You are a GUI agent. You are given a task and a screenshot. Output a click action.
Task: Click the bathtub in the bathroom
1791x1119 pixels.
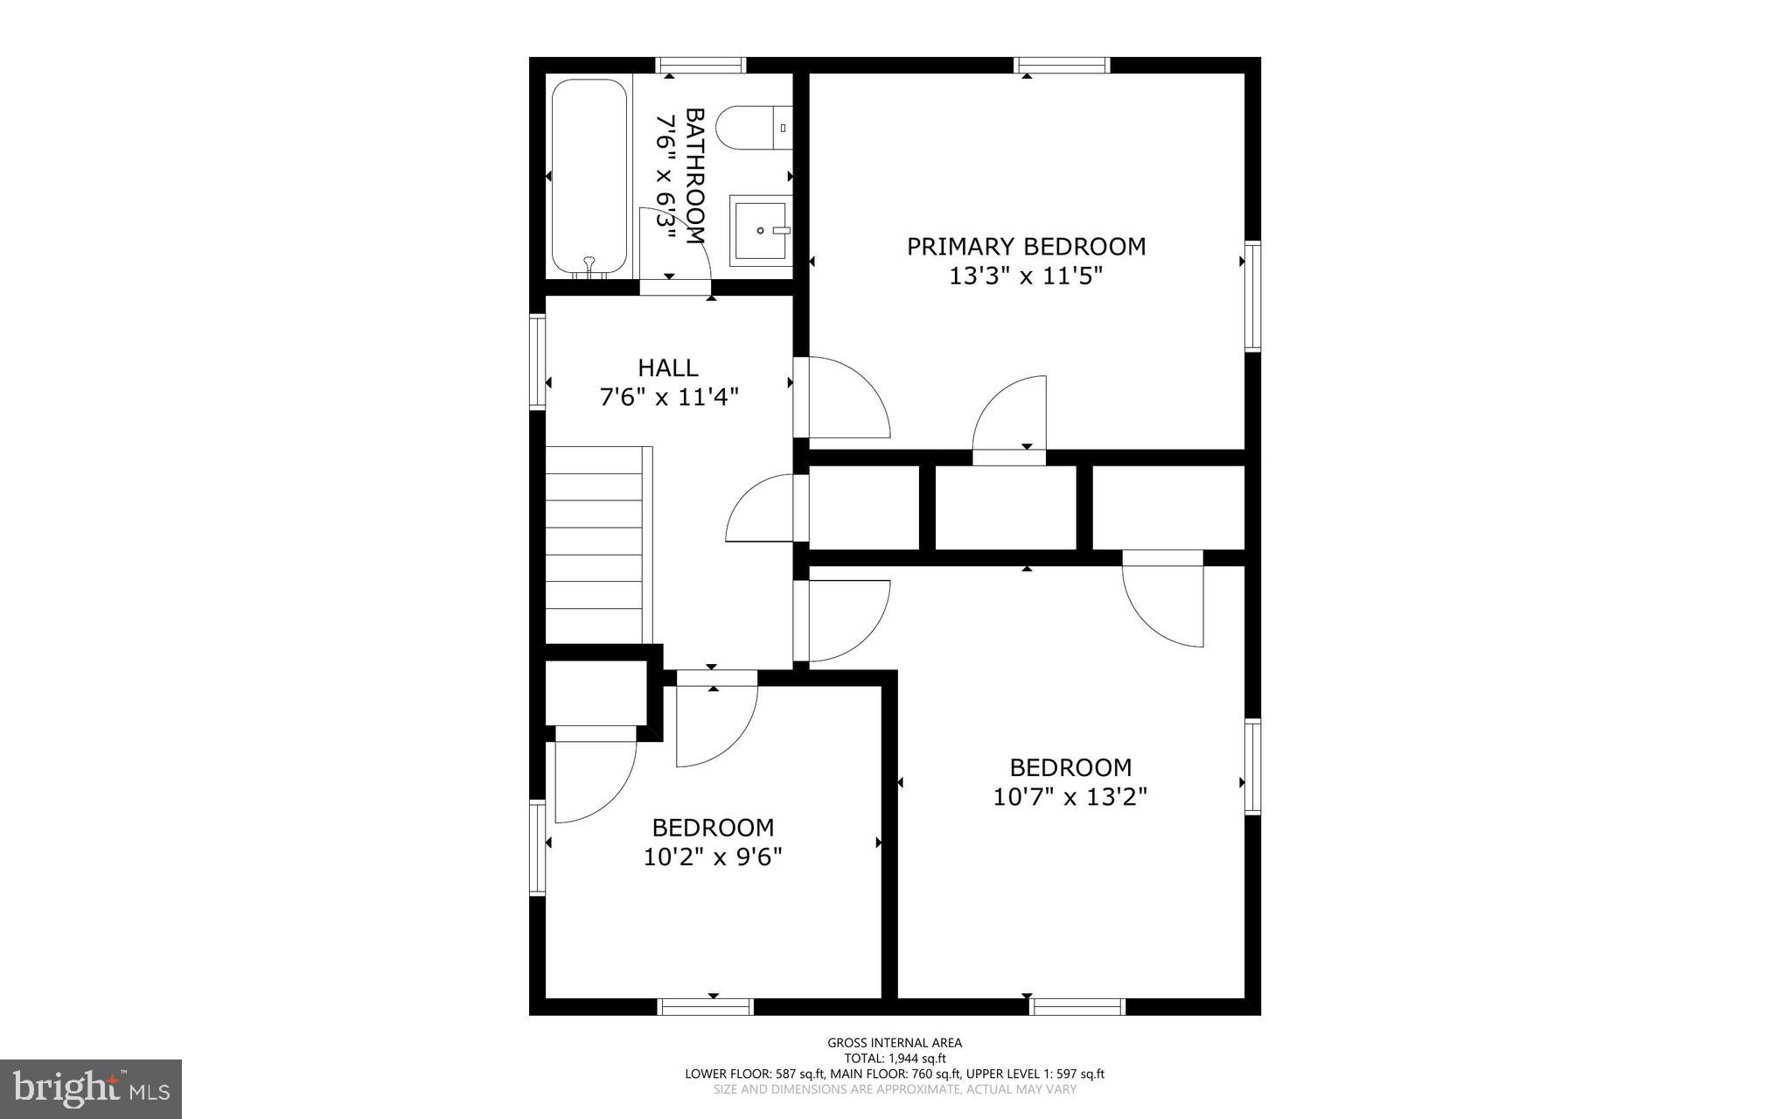pos(589,178)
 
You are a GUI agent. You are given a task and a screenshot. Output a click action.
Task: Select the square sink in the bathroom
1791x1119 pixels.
pos(759,230)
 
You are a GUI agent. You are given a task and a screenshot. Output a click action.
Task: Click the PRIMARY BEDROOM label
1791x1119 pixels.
pos(1026,247)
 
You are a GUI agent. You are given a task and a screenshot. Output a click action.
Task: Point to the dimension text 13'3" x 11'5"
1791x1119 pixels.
pos(1026,276)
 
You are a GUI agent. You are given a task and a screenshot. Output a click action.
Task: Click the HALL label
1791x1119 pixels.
pos(668,367)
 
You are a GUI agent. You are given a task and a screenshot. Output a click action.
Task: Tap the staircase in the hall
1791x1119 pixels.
pos(597,542)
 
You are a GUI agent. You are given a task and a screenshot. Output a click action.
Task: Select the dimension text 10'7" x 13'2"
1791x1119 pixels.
pos(1070,797)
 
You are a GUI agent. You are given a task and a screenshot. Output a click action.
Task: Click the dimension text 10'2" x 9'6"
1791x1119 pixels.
pos(713,857)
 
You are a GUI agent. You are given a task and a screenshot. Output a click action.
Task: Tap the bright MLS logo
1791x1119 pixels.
pos(91,1088)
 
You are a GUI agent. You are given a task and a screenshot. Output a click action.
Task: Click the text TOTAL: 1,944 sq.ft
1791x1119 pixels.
pos(895,1058)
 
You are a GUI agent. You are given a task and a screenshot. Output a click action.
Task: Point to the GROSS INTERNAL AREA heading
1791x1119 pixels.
pos(895,1042)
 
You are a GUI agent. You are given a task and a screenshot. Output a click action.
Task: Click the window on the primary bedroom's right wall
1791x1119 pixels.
pos(1253,296)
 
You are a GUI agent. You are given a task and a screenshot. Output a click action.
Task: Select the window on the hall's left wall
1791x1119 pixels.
pos(538,361)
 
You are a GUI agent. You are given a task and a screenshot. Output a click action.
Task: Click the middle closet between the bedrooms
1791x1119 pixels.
pos(1006,507)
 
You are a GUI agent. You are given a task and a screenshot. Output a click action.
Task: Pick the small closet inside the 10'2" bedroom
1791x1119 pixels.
pos(596,693)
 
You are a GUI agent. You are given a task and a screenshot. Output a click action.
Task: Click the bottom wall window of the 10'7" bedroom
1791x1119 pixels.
pos(1077,1007)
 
